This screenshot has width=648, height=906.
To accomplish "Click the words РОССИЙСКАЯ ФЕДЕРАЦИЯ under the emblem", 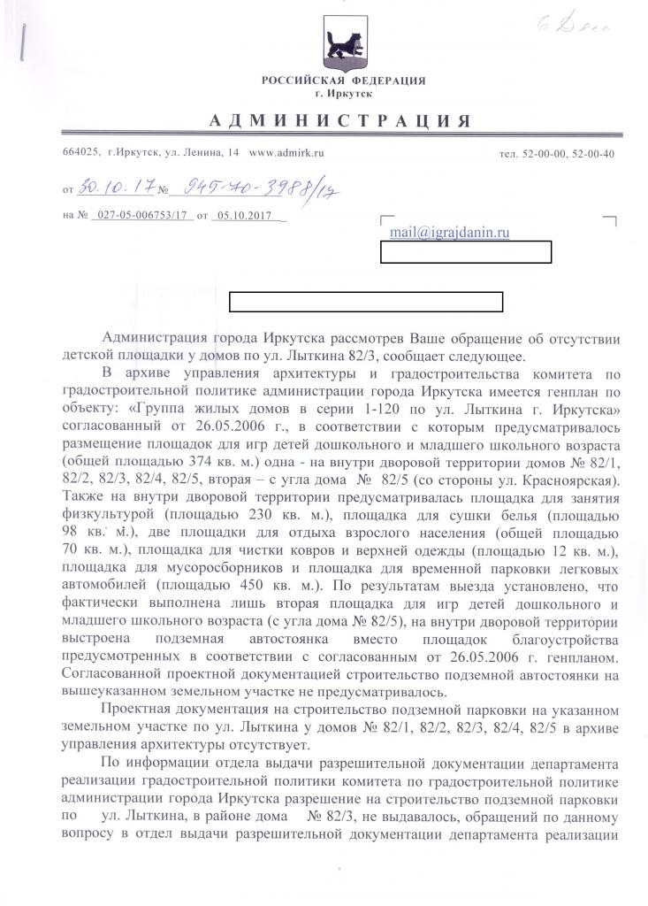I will click(x=343, y=81).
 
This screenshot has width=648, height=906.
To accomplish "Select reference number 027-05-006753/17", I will click(x=145, y=215).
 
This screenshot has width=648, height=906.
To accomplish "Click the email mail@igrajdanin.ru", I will click(x=449, y=232).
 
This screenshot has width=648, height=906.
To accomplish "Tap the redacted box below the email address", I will click(x=466, y=252).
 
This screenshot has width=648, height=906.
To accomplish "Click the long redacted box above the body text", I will click(x=366, y=301).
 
